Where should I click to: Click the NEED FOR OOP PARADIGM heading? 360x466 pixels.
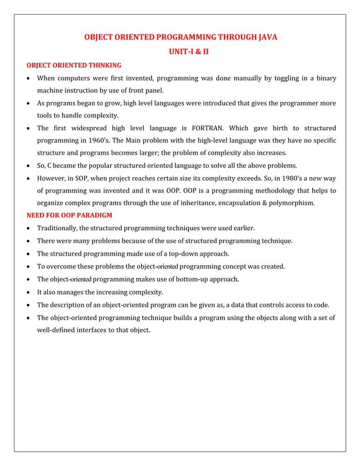tap(70, 216)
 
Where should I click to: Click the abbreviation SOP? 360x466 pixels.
tap(82, 178)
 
